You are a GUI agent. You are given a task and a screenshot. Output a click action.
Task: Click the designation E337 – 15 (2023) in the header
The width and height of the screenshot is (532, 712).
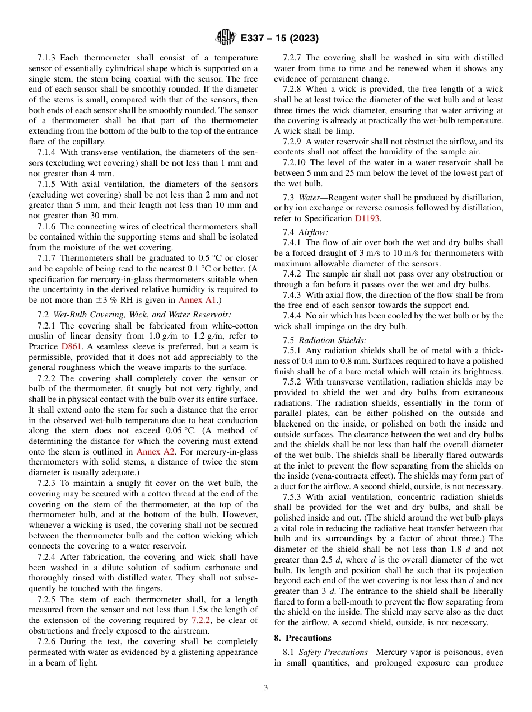(279, 39)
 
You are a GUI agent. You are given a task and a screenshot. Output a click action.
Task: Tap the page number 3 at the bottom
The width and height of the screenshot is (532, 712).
(265, 687)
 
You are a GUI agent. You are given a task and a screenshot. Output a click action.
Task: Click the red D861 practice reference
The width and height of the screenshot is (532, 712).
(71, 346)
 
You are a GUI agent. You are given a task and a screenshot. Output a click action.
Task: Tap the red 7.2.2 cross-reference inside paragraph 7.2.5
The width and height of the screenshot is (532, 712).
(200, 620)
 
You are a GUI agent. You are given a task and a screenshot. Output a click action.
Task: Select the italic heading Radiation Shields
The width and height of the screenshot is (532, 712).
(333, 340)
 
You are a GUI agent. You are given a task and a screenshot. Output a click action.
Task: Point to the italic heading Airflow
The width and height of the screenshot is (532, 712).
(314, 232)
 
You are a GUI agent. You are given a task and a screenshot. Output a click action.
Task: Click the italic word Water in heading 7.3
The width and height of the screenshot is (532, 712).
(309, 198)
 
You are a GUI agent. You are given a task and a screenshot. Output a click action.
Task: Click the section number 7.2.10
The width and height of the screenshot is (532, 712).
(294, 162)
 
